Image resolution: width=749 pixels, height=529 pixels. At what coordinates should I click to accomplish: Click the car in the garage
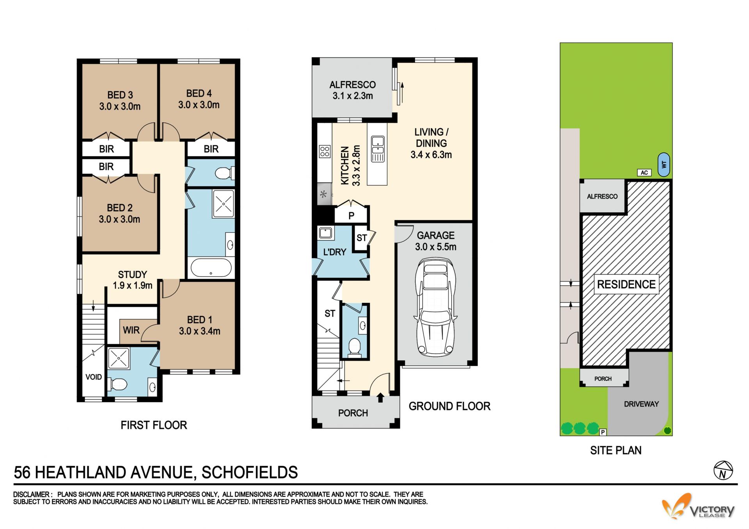pyautogui.click(x=435, y=307)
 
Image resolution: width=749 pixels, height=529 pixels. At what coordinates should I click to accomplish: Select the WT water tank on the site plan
pyautogui.click(x=664, y=164)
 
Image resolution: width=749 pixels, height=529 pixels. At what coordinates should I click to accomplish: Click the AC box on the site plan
pyautogui.click(x=644, y=172)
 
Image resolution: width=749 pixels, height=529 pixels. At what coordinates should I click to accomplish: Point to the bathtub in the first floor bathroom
pyautogui.click(x=211, y=268)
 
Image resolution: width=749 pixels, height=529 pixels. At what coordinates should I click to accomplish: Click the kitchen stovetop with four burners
pyautogui.click(x=325, y=151)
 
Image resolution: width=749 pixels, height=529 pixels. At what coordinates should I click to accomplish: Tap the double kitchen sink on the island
pyautogui.click(x=378, y=149)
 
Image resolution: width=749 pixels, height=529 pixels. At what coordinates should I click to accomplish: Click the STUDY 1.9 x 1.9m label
pyautogui.click(x=133, y=280)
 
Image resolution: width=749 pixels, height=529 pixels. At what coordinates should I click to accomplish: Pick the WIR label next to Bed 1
pyautogui.click(x=131, y=330)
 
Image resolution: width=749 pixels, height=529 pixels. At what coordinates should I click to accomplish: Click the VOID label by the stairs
pyautogui.click(x=94, y=377)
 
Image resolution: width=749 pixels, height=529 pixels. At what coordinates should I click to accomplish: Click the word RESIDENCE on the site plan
pyautogui.click(x=626, y=284)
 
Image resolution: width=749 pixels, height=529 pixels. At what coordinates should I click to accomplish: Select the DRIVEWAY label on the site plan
pyautogui.click(x=641, y=404)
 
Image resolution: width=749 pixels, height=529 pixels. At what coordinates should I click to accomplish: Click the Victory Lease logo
pyautogui.click(x=698, y=506)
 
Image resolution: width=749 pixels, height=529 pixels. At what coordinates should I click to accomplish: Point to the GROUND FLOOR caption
pyautogui.click(x=449, y=406)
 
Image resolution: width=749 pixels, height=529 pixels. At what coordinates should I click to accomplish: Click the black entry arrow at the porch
pyautogui.click(x=380, y=398)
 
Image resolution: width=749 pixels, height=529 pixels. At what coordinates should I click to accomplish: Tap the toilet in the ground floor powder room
pyautogui.click(x=354, y=347)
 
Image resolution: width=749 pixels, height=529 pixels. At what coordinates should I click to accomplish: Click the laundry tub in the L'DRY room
pyautogui.click(x=325, y=233)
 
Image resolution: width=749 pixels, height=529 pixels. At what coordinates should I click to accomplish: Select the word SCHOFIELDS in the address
pyautogui.click(x=250, y=472)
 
